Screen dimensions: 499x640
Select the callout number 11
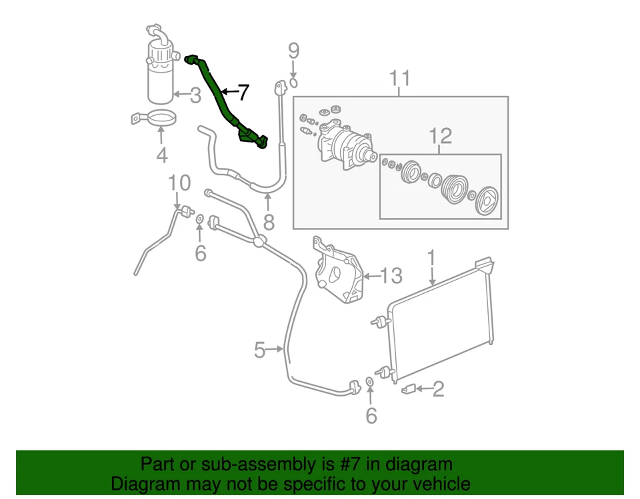point(400,79)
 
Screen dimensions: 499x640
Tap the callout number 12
point(440,137)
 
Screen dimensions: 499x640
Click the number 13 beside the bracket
point(392,274)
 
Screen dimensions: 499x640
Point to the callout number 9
point(293,51)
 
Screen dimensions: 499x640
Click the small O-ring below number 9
point(293,83)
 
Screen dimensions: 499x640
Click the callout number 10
point(179,183)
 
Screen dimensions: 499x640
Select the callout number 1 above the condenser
point(431,256)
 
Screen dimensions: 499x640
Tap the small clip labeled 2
point(409,388)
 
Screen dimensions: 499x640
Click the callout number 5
point(259,348)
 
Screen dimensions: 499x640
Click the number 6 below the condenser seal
point(371,416)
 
